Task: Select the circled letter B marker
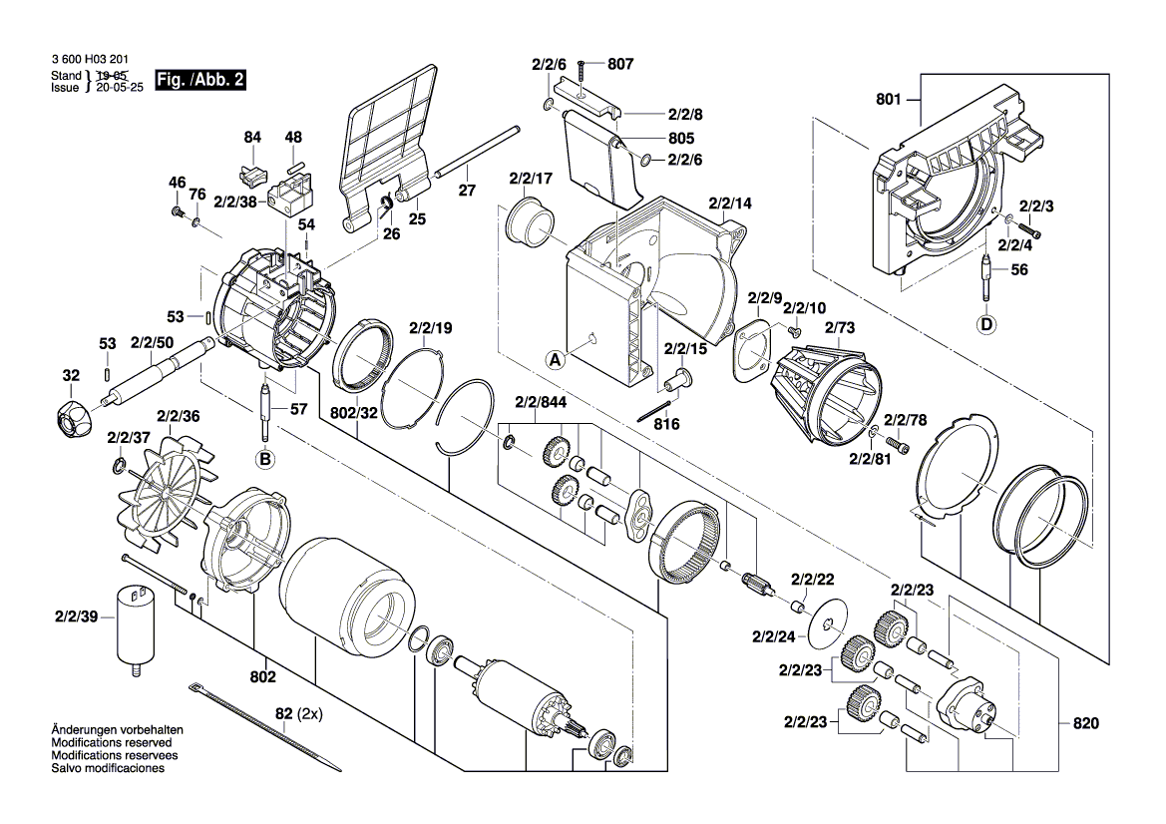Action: click(265, 459)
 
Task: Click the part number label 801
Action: click(889, 100)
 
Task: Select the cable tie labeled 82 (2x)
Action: click(264, 727)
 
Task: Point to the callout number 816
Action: click(666, 424)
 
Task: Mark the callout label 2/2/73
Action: click(840, 326)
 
